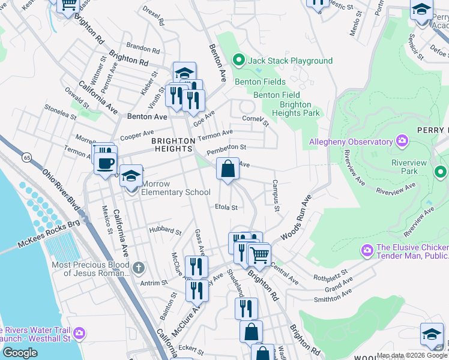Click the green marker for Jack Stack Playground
coord(238,61)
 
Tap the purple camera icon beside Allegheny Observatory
coord(402,142)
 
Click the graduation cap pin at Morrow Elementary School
coord(131,177)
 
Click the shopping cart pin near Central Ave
coord(259,255)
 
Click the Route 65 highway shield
coord(27,157)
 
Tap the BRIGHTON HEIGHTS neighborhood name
coord(173,145)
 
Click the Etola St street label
coord(226,208)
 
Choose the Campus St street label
coord(276,196)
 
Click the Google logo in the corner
coord(20,353)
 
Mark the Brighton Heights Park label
coord(295,108)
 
